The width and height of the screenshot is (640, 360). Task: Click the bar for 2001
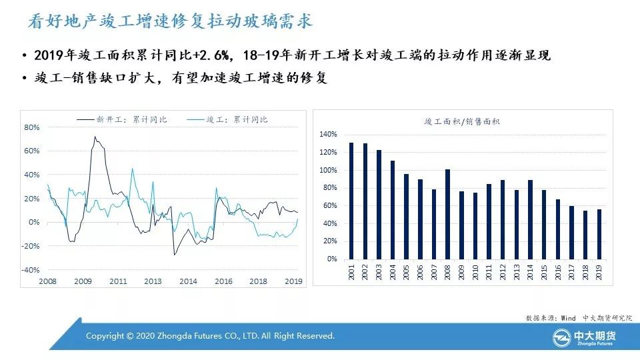[x=351, y=200]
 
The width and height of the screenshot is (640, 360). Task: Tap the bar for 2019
[x=599, y=233]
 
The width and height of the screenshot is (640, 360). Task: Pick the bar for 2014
[x=530, y=219]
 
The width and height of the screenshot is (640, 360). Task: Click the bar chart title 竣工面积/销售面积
[x=462, y=121]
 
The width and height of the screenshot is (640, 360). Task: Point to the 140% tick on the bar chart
[x=328, y=134]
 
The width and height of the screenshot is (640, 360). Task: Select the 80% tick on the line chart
[x=32, y=127]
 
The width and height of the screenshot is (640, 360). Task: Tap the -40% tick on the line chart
[x=31, y=270]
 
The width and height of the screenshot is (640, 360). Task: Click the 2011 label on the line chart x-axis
[x=118, y=281]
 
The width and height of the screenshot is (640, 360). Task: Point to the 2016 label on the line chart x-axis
[x=223, y=281]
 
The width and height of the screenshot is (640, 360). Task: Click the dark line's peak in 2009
[x=95, y=137]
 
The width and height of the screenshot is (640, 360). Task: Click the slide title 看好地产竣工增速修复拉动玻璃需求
[x=170, y=22]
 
